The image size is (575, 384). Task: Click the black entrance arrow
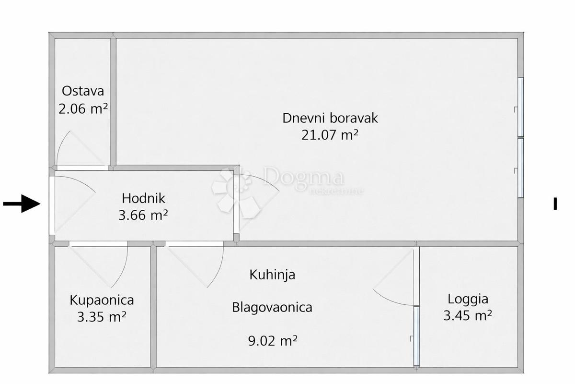(22, 204)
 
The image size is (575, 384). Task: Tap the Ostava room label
(83, 91)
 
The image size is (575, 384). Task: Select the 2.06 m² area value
(83, 108)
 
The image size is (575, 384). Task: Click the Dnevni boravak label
(330, 118)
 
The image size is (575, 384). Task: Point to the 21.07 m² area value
(330, 135)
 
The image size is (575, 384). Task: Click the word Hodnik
(143, 198)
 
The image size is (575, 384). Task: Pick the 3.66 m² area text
(143, 215)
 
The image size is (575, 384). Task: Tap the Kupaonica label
(102, 300)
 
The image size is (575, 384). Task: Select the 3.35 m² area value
(102, 317)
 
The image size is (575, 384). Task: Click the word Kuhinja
(272, 275)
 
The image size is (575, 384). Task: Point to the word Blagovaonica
(272, 307)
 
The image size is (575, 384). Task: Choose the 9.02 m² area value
(273, 341)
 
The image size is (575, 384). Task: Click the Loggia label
(468, 300)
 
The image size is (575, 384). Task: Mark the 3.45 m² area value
(468, 315)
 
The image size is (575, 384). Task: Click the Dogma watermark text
(303, 176)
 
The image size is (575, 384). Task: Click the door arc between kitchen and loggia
(390, 300)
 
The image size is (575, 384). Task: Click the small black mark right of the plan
(555, 204)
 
